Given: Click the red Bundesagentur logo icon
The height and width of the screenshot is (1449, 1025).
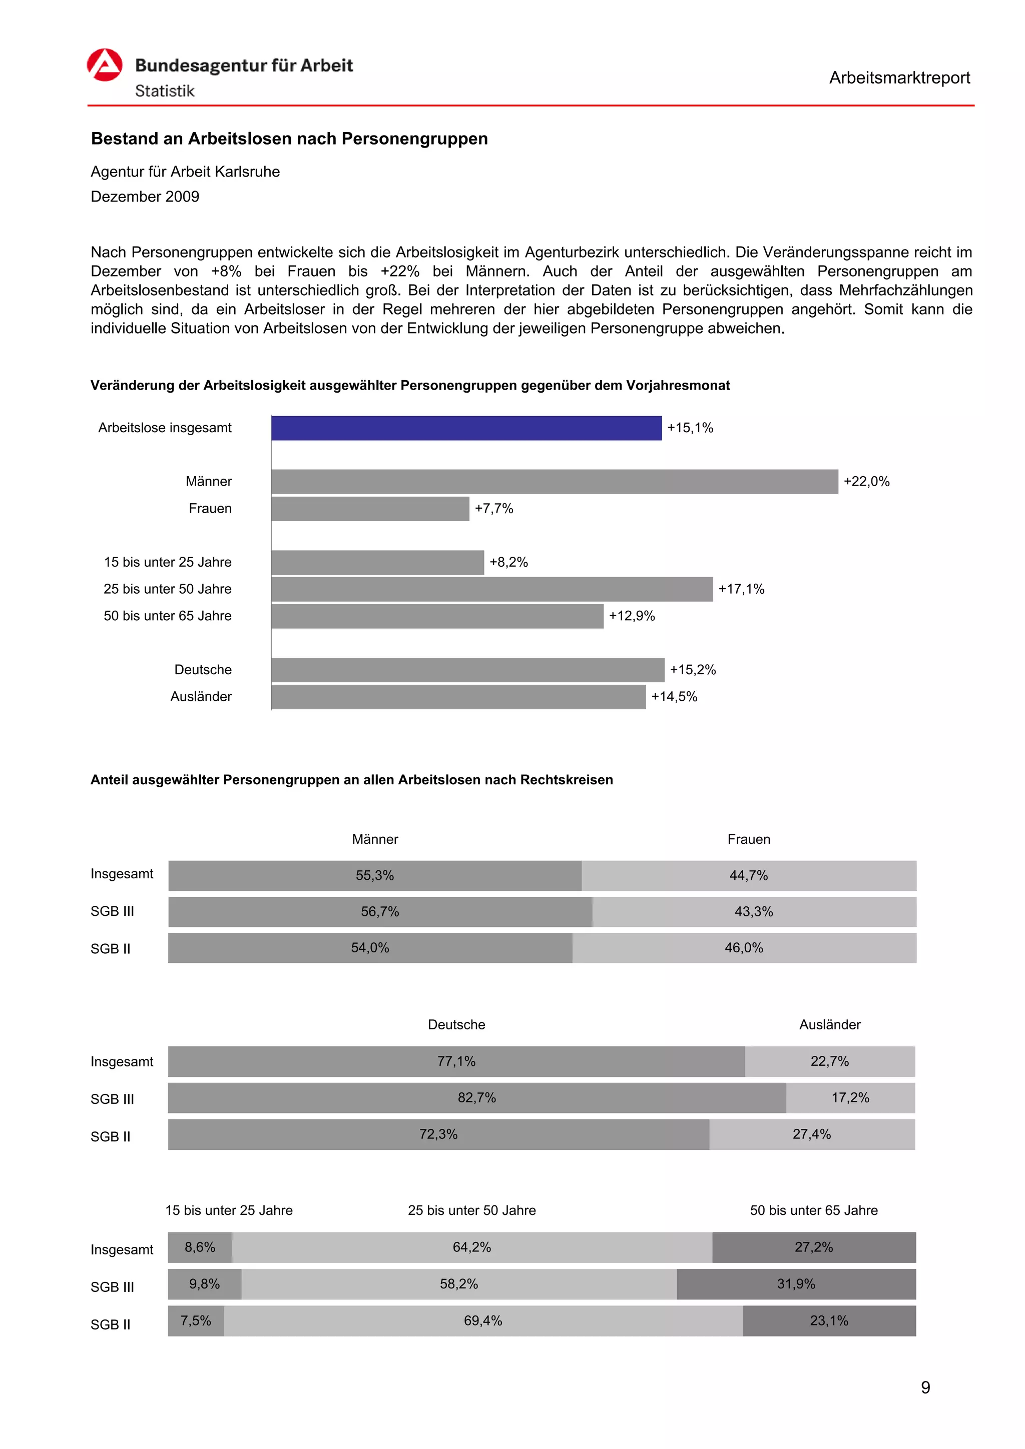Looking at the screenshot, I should click(104, 65).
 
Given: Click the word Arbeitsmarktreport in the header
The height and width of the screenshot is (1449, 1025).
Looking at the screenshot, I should click(899, 78).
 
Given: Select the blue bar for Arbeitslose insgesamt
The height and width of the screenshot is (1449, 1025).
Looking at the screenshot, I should click(466, 428).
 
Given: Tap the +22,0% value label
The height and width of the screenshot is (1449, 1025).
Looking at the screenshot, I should click(866, 482).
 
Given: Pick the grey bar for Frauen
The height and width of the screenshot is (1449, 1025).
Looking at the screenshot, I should click(370, 509).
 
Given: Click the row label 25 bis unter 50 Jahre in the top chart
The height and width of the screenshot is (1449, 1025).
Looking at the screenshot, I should click(167, 589).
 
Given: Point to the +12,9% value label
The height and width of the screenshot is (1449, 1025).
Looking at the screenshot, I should click(632, 616).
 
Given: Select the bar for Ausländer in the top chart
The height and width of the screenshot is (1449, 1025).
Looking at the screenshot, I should click(458, 697).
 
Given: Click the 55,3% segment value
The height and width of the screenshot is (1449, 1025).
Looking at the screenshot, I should click(374, 875).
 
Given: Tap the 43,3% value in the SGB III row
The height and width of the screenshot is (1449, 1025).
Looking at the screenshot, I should click(753, 911).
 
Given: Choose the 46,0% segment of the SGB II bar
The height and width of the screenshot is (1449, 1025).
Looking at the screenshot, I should click(743, 948).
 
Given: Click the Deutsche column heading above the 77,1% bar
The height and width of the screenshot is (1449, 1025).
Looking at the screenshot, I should click(456, 1024).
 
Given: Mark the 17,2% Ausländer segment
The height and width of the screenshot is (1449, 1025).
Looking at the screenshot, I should click(850, 1097).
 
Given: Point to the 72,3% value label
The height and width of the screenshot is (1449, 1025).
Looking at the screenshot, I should click(438, 1134).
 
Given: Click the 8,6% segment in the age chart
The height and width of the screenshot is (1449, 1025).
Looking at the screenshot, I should click(200, 1247).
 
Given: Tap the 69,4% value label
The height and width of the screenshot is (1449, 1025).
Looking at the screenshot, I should click(482, 1321).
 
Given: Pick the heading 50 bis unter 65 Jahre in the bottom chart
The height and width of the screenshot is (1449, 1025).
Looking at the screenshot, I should click(813, 1210).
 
